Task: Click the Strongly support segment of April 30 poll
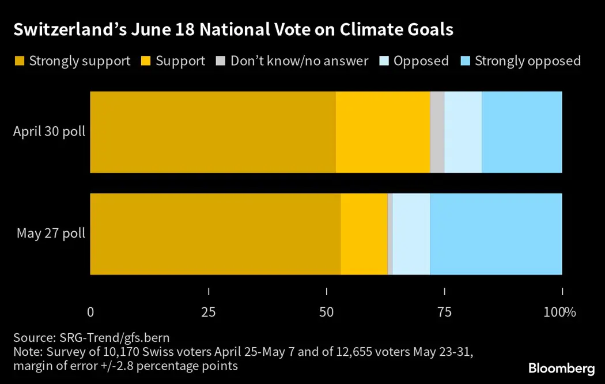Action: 213,132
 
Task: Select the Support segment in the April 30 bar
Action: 383,132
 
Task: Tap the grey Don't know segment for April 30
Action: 437,132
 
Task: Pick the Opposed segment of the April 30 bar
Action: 463,132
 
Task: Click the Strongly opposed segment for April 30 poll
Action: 521,132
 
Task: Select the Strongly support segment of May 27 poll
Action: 215,234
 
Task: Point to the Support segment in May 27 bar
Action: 364,234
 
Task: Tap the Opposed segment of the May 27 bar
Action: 411,234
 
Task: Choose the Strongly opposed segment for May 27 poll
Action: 496,234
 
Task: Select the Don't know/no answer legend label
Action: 299,61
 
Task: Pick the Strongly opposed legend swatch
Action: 464,61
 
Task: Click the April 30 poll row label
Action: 50,132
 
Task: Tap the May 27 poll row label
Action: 51,234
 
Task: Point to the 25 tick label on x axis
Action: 208,313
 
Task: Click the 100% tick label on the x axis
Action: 560,313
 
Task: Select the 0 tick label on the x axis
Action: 90,313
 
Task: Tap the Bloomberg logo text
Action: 561,368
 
